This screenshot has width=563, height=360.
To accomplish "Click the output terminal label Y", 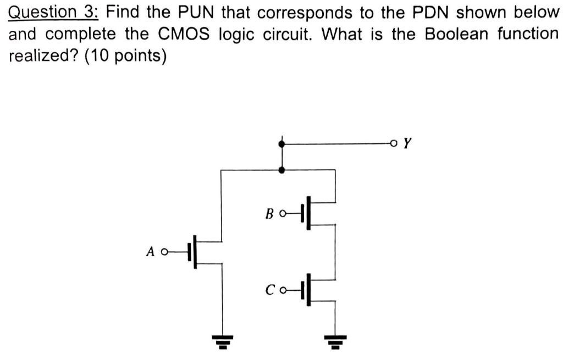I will click(x=407, y=144).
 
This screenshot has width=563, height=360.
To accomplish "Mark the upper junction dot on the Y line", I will click(x=282, y=144).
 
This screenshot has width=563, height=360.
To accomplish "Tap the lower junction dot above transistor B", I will click(x=282, y=170).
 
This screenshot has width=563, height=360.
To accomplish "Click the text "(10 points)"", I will click(x=124, y=57).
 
